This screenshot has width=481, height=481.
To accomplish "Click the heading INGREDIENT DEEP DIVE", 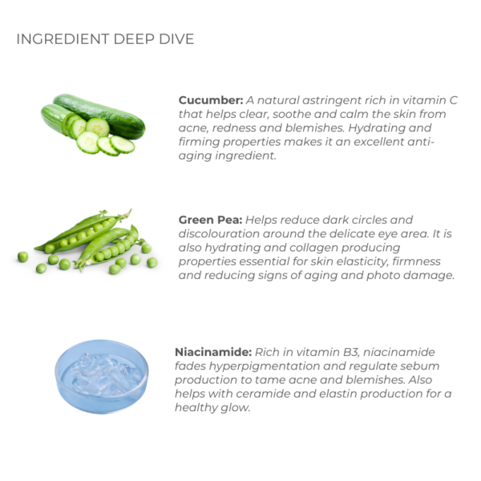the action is (105, 39).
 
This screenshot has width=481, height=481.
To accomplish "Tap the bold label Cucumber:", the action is (211, 100).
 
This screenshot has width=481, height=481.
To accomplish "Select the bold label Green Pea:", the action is (210, 220).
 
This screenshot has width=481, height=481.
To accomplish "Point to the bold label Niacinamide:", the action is (213, 352).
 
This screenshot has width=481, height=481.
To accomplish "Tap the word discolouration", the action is (219, 234).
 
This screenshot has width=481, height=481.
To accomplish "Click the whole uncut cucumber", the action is (99, 115).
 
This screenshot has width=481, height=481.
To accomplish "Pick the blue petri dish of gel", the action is (102, 377).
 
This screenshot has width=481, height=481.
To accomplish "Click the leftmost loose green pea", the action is (22, 257).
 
